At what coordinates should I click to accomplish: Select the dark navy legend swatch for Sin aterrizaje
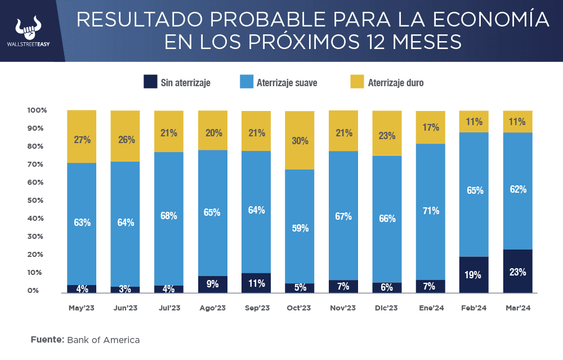[x=150, y=82]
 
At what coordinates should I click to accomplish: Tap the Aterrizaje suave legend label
[x=287, y=83]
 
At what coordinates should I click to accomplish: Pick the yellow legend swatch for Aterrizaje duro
[x=357, y=82]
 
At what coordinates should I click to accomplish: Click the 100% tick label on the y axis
[x=37, y=110]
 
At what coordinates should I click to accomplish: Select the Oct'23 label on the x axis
[x=299, y=308]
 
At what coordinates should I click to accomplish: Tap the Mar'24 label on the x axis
[x=517, y=308]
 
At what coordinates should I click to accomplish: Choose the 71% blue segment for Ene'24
[x=430, y=211]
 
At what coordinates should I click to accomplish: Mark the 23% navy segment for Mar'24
[x=517, y=271]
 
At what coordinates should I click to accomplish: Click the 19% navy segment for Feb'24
[x=473, y=275]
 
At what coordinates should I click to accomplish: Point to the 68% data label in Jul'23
[x=168, y=216]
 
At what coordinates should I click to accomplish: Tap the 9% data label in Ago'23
[x=212, y=284]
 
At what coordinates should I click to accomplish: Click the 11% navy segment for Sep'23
[x=256, y=283]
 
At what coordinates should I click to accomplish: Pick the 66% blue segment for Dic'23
[x=387, y=219]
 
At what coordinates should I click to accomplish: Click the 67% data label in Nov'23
[x=343, y=216]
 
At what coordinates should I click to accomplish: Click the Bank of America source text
[x=103, y=340]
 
